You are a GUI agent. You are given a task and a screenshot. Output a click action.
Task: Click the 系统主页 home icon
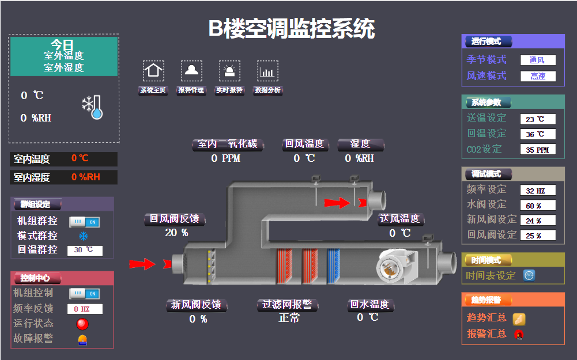pos(153,71)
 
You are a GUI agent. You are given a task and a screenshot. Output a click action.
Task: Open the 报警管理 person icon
pos(191,71)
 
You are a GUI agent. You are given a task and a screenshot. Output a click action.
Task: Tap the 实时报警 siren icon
pos(229,71)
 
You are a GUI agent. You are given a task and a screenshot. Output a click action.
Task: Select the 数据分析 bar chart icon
pos(267,71)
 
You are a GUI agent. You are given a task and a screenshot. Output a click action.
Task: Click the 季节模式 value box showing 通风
pos(538,60)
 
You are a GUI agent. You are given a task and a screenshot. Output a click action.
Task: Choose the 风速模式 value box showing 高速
pos(538,76)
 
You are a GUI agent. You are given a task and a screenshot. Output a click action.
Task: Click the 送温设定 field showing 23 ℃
pos(538,119)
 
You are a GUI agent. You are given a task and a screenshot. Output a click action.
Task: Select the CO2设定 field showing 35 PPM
pos(538,150)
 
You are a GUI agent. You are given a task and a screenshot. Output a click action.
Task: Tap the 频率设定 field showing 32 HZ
pos(538,191)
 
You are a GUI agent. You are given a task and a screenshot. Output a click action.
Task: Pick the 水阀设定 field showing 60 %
pos(538,205)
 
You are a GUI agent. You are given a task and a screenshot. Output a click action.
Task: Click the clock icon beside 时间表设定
pos(529,275)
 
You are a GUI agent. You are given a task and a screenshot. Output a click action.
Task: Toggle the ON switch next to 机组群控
pos(85,221)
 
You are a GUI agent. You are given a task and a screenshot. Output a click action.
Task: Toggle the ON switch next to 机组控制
pos(85,294)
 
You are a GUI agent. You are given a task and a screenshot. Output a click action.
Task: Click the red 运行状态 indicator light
pos(83,324)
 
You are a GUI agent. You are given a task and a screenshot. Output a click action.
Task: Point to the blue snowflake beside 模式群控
pos(83,236)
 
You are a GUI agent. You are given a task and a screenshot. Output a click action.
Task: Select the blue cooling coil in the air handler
pos(333,266)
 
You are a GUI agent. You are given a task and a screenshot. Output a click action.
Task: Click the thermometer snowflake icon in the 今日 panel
pos(92,107)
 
